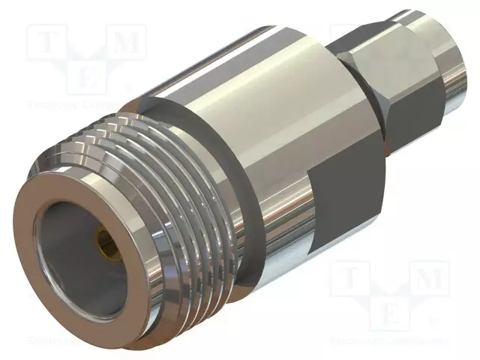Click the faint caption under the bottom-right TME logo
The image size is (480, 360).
click(390, 341)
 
